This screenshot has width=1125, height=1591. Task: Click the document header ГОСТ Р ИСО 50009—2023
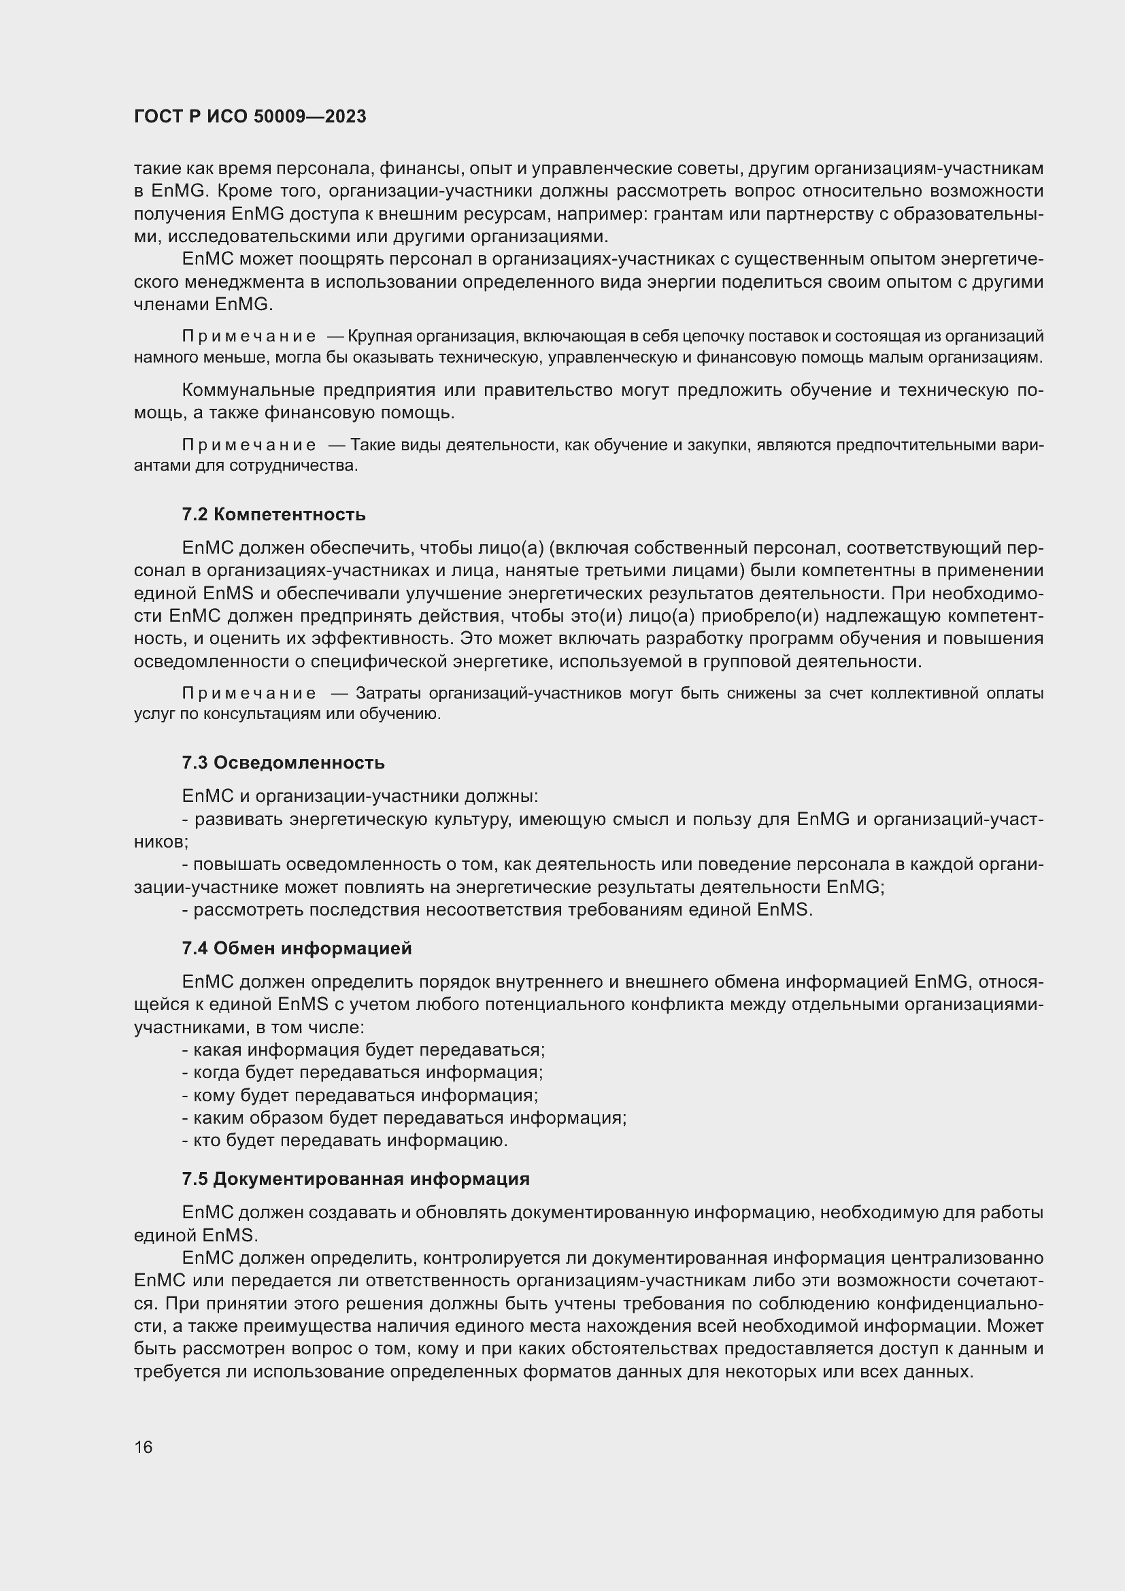tap(250, 116)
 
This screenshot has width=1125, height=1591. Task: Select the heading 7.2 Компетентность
tap(273, 514)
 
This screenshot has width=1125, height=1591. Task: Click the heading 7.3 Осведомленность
tap(284, 763)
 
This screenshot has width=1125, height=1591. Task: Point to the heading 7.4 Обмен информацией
tap(297, 948)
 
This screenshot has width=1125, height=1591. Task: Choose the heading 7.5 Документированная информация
tap(355, 1178)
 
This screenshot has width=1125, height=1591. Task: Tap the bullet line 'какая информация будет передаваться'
tap(364, 1049)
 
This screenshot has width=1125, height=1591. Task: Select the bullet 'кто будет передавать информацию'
tap(345, 1140)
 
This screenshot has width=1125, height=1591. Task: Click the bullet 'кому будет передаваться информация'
tap(360, 1095)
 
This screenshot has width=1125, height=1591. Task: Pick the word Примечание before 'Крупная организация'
tap(249, 337)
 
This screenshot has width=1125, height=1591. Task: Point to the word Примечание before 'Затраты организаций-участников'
tap(249, 694)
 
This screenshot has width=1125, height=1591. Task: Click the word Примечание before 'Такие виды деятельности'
tap(249, 445)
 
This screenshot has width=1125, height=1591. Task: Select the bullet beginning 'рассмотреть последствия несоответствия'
tap(497, 909)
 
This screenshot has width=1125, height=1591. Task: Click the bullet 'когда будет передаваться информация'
tap(363, 1072)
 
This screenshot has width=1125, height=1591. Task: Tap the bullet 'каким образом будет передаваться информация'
tap(405, 1117)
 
